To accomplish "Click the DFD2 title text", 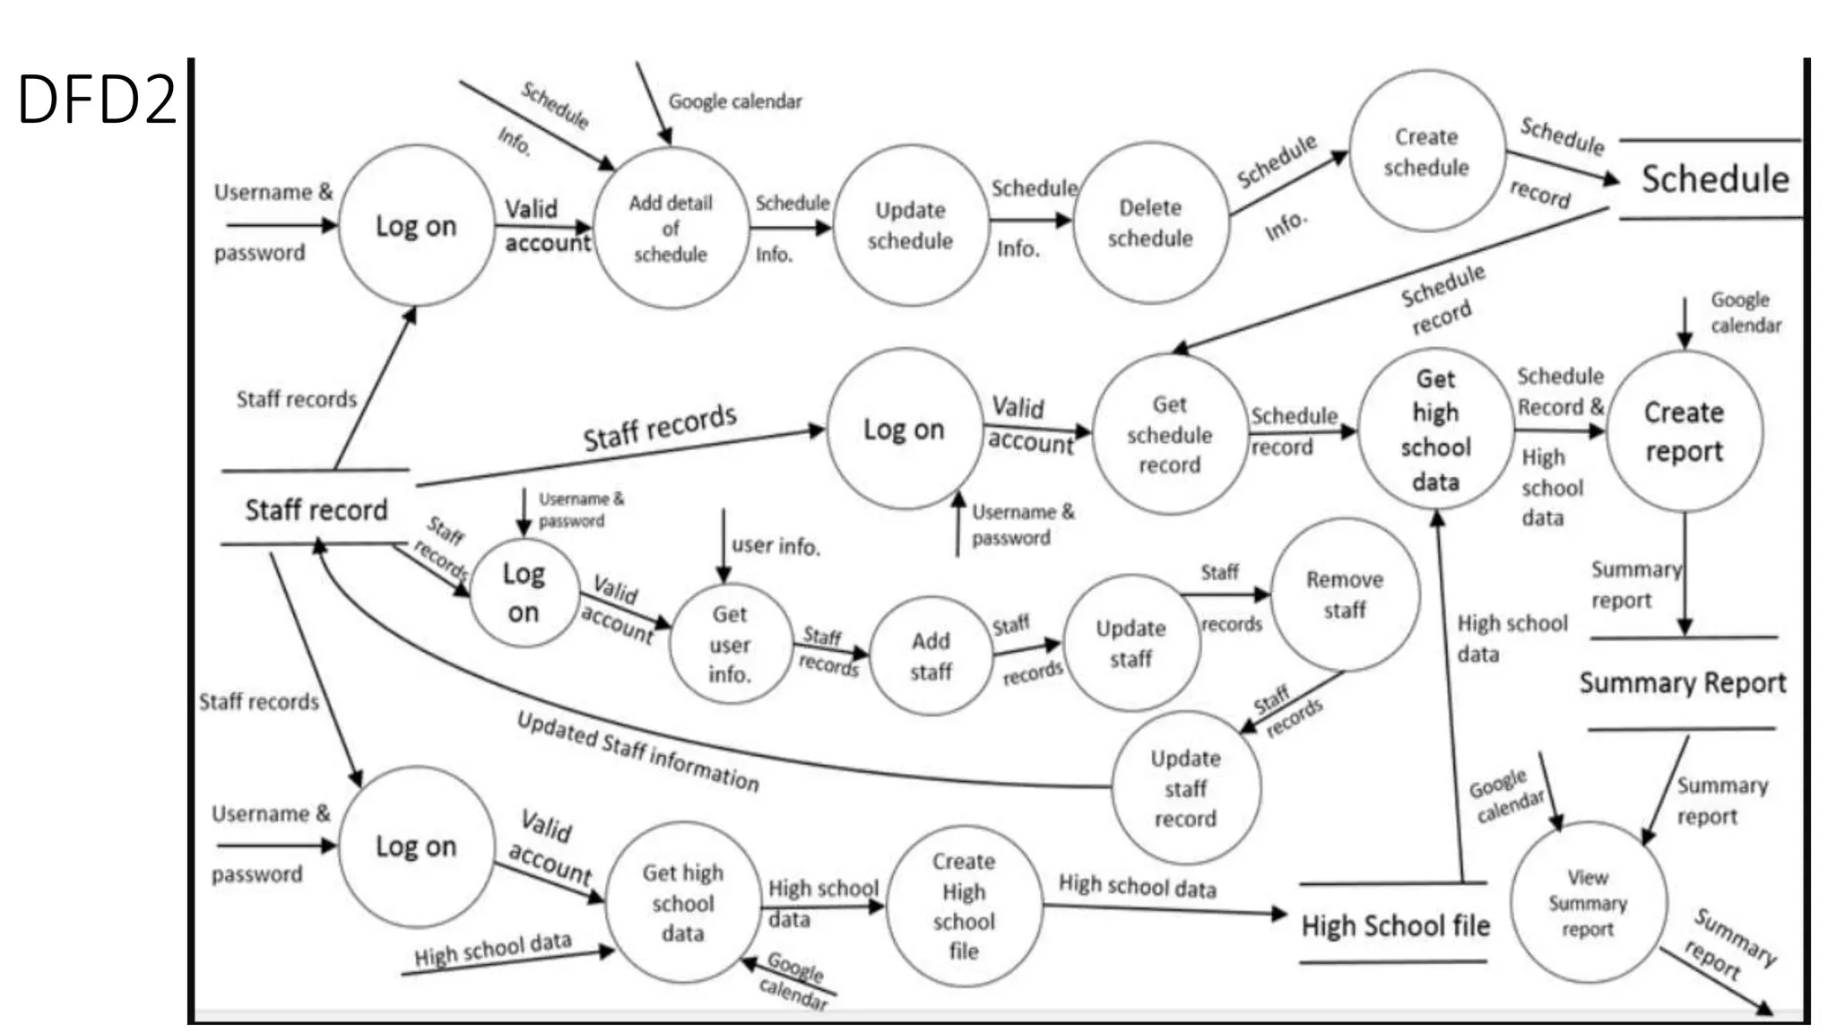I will (x=97, y=99).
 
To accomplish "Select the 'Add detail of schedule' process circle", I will (x=671, y=229).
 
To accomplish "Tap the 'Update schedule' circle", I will (x=910, y=226).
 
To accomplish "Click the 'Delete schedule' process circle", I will (x=1150, y=223).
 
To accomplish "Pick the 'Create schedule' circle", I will (x=1426, y=152).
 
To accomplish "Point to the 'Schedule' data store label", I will (x=1714, y=179).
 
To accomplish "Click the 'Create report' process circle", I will (x=1684, y=431).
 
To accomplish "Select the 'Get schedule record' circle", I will (x=1169, y=435).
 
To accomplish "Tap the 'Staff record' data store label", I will (x=316, y=510).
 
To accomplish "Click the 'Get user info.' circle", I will (x=730, y=644).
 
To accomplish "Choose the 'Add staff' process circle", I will (x=931, y=656).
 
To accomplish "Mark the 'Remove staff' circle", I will (x=1344, y=595).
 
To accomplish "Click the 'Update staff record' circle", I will (x=1185, y=788).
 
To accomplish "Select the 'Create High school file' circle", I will (x=964, y=907).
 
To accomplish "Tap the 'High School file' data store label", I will (x=1395, y=925).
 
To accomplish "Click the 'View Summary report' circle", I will (x=1588, y=903).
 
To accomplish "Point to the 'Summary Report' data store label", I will (x=1682, y=683).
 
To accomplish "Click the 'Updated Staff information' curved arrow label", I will (x=637, y=751).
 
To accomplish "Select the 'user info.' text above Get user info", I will (x=775, y=545).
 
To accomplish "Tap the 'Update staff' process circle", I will (x=1130, y=644).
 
